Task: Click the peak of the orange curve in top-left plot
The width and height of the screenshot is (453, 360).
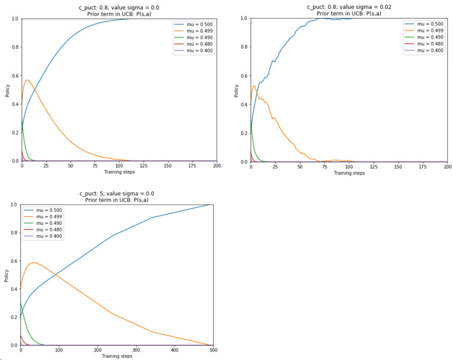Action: pos(27,80)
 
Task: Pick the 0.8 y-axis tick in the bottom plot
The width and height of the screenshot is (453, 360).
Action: pos(14,232)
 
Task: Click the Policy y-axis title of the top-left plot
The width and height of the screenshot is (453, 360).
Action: pos(8,90)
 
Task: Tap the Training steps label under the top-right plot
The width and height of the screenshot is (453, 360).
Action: pos(348,173)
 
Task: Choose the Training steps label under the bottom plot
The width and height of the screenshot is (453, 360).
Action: pos(117,356)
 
